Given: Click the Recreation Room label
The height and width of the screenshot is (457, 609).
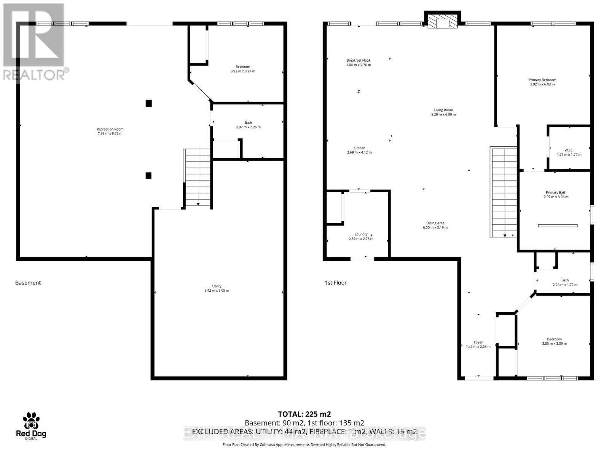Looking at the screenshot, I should [110, 129].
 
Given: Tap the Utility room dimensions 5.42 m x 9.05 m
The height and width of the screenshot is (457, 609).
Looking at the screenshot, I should [217, 291].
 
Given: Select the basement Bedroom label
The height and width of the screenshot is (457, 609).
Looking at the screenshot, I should [243, 67].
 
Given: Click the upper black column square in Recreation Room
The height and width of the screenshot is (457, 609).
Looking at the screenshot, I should [149, 103].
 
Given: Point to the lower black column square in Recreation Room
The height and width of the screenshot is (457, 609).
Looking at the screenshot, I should [149, 176].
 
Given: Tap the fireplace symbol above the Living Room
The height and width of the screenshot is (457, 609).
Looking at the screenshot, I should [442, 22].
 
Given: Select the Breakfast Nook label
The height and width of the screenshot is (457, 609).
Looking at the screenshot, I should [358, 61].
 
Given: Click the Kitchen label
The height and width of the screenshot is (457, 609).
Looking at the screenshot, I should [359, 148].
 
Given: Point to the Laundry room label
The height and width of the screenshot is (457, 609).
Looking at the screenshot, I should [361, 235].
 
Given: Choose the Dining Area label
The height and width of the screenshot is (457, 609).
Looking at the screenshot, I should [435, 224].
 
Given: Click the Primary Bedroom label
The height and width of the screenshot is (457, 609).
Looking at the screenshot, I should [542, 80].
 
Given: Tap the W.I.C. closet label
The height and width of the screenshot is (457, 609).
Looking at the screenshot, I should [569, 150].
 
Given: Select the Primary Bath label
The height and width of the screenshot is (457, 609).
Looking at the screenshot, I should [556, 193].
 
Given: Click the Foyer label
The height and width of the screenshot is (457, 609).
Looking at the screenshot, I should [478, 342].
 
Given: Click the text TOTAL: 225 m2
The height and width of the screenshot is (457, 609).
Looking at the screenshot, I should [304, 414].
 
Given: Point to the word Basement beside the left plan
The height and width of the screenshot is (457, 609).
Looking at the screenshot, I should [28, 283].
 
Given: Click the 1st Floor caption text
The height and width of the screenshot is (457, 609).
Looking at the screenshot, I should [335, 283].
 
